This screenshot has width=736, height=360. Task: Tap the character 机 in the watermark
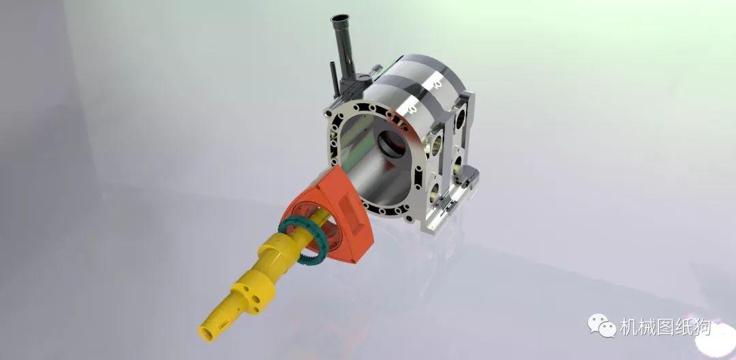pyautogui.click(x=628, y=327)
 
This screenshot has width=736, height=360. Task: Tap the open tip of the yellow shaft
pyautogui.click(x=206, y=333)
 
